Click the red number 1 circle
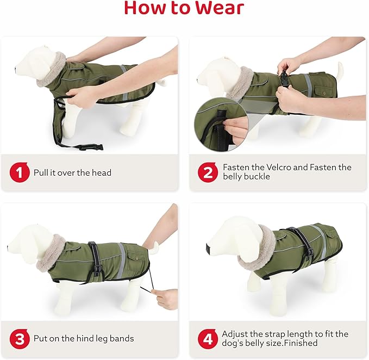[x=20, y=173]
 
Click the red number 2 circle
[x=208, y=173]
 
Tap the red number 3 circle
[x=20, y=339]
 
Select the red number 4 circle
[x=208, y=339]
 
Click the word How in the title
[x=147, y=8]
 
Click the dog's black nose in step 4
[x=209, y=249]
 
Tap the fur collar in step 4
[x=255, y=249]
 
